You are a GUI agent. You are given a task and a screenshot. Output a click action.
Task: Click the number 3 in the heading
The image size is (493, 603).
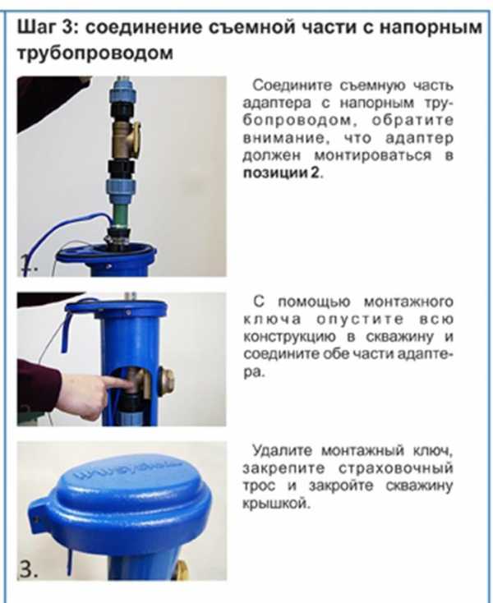click(70, 28)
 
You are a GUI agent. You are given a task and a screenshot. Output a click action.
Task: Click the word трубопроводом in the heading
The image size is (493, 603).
click(95, 53)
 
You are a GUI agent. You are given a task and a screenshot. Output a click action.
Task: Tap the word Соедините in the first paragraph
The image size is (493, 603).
click(292, 85)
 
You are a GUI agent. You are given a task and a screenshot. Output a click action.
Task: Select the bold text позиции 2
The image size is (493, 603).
click(282, 173)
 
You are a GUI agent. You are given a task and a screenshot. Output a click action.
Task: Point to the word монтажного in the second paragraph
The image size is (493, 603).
click(408, 302)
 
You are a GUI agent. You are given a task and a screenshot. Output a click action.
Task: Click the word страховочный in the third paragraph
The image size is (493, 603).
click(396, 469)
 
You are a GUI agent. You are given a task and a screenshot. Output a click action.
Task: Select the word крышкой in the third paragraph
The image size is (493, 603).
click(276, 504)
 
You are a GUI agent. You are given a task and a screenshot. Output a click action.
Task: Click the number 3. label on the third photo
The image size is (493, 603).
click(28, 568)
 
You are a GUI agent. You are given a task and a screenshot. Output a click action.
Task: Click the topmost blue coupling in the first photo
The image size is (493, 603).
click(121, 91)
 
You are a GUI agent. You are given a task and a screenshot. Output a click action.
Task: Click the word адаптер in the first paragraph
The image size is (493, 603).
click(419, 139)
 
